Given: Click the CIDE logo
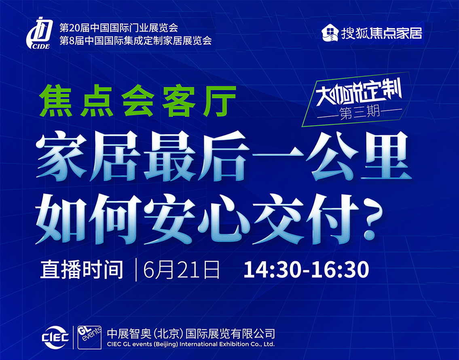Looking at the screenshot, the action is [39, 33].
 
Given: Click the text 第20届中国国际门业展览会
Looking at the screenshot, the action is [119, 28].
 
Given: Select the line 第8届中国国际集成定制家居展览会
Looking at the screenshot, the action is [135, 40].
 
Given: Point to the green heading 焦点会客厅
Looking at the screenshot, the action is [137, 101].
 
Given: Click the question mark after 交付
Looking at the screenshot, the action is [370, 221].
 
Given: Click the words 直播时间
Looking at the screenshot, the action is [82, 269].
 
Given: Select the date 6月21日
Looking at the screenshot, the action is [182, 269].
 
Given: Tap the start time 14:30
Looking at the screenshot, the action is [272, 269].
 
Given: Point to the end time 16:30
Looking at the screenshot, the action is [340, 269].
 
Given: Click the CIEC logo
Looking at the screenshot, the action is [56, 337].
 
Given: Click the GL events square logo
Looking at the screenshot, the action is [89, 337].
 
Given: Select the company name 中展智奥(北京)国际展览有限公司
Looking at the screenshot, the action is [191, 333].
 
